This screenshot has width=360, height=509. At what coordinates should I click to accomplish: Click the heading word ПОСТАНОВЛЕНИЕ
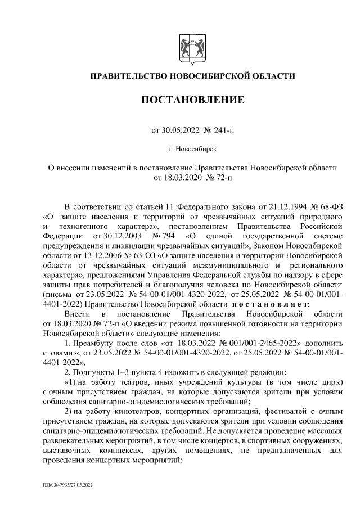point(193,101)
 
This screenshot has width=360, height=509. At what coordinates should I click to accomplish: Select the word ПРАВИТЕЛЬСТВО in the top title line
point(130,76)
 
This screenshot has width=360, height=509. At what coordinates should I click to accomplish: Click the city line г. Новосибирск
point(193,150)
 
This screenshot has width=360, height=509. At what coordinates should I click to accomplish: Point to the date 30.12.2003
point(120,236)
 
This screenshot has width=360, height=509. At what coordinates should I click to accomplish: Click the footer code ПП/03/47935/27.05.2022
point(68,484)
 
